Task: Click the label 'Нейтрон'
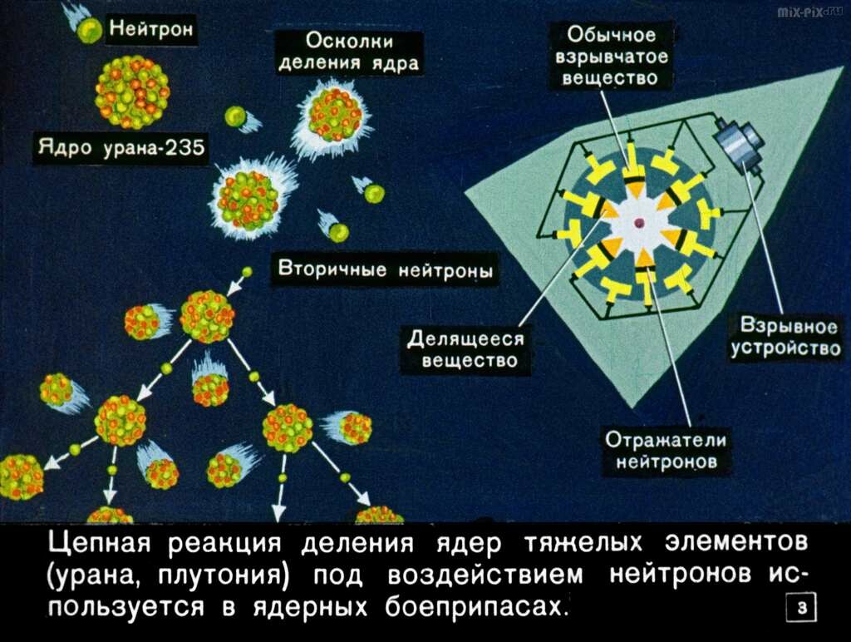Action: (x=151, y=27)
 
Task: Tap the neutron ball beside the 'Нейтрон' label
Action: (x=89, y=31)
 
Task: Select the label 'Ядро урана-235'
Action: (x=121, y=147)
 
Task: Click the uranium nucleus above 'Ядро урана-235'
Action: (x=132, y=92)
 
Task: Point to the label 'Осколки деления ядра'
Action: (x=349, y=52)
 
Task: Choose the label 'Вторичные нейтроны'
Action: (x=386, y=269)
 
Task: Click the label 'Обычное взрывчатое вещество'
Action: (x=612, y=56)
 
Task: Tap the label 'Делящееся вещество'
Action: (x=466, y=349)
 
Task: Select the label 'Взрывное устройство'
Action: (x=785, y=337)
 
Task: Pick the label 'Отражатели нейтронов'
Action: (x=666, y=450)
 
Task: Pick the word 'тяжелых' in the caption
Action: (x=583, y=543)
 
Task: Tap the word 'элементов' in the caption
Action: (x=736, y=543)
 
